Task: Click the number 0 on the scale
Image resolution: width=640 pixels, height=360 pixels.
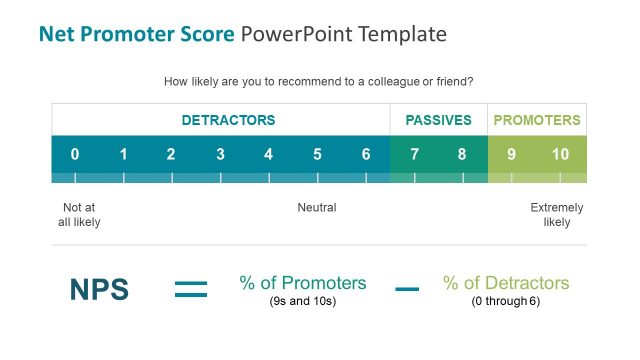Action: coord(75,154)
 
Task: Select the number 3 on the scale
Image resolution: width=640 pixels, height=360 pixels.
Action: coord(220,154)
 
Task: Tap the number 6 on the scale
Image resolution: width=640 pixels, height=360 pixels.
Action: coord(366,154)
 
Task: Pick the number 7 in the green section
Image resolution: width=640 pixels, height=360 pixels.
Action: coord(414,154)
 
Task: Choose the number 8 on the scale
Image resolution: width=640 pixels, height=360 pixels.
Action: coord(462,154)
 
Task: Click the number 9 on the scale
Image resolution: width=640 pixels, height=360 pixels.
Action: coord(511,154)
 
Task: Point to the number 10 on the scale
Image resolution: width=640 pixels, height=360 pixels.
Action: coord(560,154)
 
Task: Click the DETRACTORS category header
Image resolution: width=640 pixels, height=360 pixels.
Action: coord(228,120)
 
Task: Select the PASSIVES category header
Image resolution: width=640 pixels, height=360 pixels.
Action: coord(438,120)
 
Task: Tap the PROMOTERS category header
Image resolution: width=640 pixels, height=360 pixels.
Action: coord(537,120)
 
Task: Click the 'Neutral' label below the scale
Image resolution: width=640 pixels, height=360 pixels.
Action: coord(317,208)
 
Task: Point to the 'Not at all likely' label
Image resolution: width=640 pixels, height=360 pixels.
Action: coord(79,215)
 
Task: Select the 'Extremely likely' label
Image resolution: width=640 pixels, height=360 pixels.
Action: coord(557,215)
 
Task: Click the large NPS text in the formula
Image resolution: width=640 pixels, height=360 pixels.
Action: coord(99,290)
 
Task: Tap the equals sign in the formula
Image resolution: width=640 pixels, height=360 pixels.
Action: coord(191,290)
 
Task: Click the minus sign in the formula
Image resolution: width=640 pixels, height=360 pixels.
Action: coord(407,290)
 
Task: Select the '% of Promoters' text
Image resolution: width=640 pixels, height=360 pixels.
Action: coord(303,283)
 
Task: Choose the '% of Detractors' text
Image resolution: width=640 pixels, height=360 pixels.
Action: coord(506,283)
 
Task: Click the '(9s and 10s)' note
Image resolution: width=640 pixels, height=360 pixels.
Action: coord(303,301)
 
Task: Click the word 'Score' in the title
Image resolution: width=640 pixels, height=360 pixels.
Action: coord(205,34)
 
